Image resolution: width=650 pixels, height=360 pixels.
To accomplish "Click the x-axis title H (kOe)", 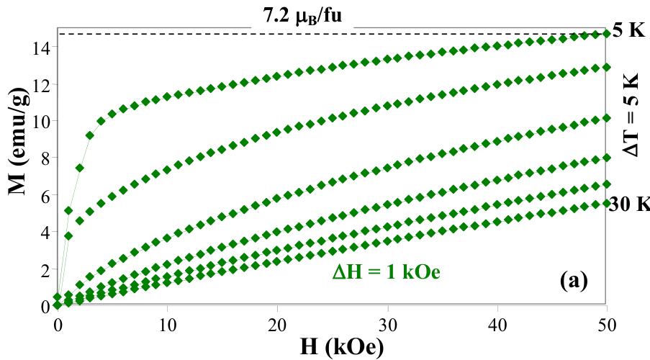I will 332,346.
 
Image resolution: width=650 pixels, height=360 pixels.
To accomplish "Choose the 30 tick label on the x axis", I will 387,324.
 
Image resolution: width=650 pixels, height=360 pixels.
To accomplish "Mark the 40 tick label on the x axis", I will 497,324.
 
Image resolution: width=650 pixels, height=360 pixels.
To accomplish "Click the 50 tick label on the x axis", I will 606,324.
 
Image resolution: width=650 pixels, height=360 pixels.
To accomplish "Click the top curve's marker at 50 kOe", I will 606,34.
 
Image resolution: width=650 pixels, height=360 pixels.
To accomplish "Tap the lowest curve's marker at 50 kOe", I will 606,204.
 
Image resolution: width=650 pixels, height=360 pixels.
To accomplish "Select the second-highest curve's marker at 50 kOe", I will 606,67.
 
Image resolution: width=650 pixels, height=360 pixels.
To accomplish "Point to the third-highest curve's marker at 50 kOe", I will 606,118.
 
